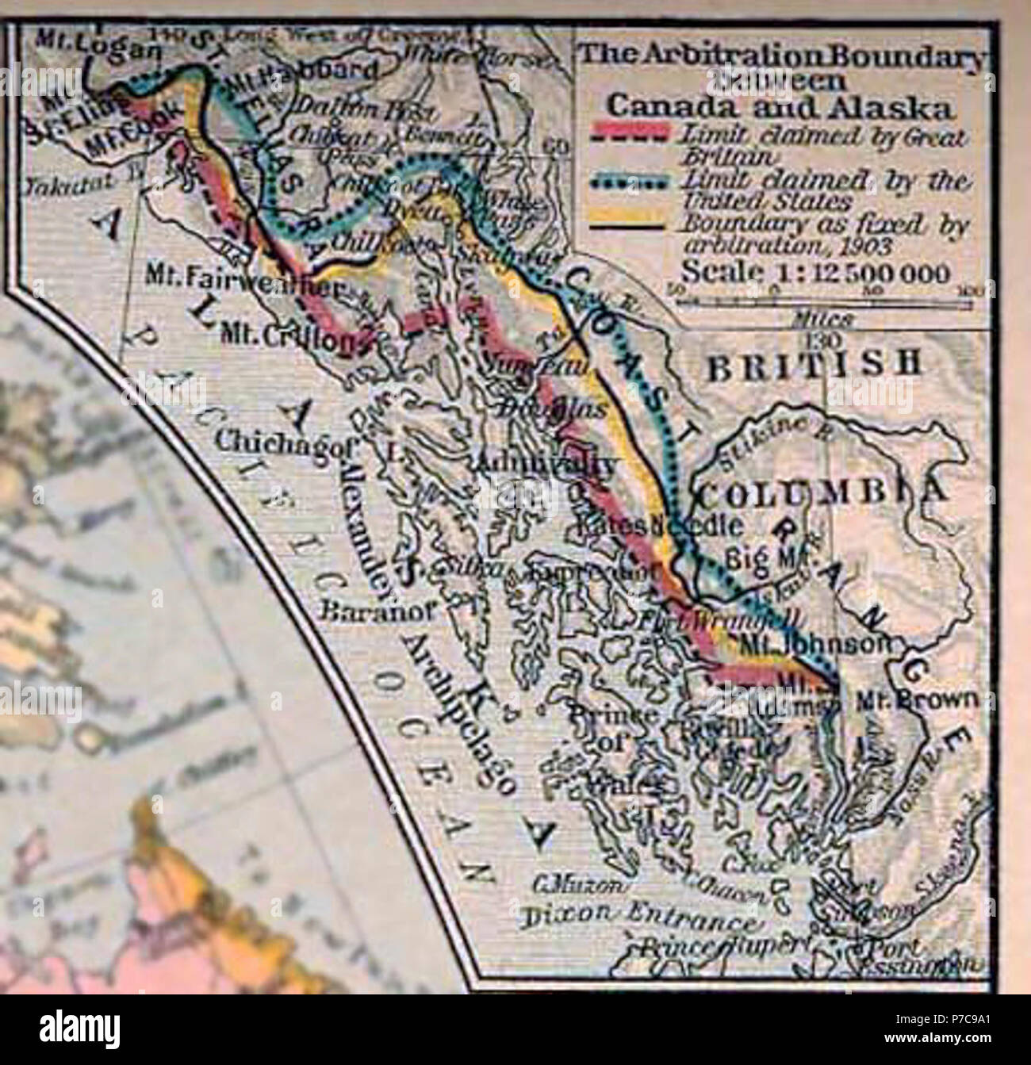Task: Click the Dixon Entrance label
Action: point(637,918)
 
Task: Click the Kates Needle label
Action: point(672,525)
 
